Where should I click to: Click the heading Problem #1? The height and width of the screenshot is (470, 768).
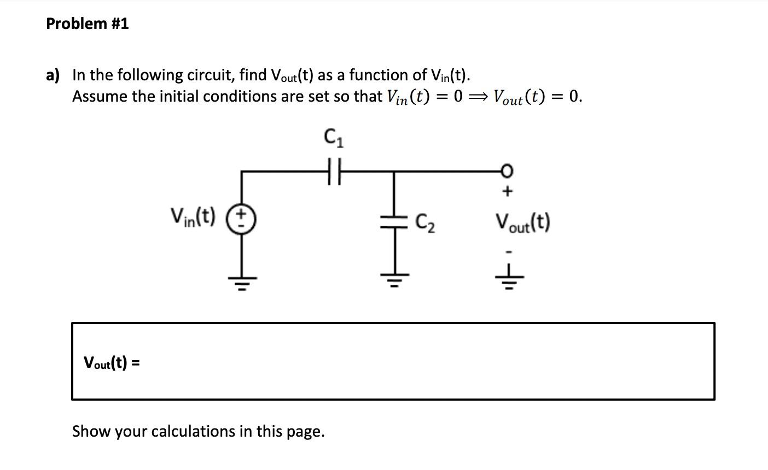[88, 23]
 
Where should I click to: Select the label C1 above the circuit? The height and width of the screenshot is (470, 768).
[334, 138]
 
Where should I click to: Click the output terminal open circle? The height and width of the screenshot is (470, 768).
[507, 172]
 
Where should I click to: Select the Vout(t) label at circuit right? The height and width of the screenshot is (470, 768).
[522, 222]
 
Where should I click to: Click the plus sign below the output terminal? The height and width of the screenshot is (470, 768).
[507, 192]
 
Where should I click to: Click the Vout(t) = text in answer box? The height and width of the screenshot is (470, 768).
[111, 362]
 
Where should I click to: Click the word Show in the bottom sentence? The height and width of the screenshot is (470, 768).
[92, 431]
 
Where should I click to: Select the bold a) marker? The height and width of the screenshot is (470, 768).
[53, 75]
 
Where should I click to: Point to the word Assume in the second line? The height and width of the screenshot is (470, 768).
[101, 97]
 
